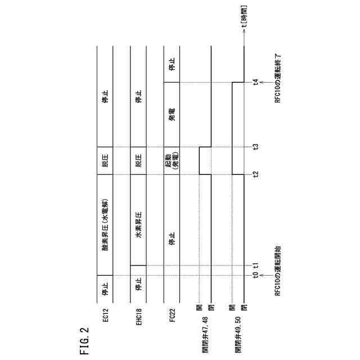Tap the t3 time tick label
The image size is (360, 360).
pyautogui.click(x=255, y=147)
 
